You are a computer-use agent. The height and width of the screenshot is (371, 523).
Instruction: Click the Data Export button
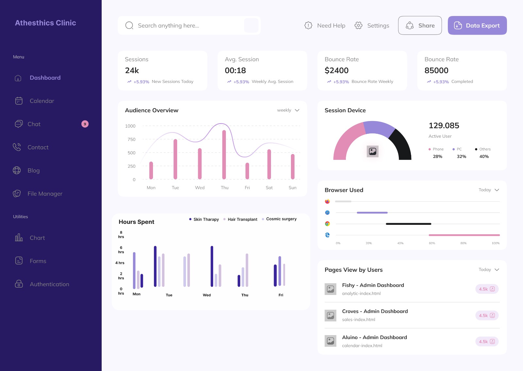pos(477,25)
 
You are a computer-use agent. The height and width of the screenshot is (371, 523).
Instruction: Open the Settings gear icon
pos(359,25)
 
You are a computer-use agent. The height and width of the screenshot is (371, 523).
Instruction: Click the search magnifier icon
pos(129,25)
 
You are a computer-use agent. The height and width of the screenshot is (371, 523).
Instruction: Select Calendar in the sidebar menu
pos(42,101)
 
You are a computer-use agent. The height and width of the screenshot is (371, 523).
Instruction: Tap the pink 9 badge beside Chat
pos(85,124)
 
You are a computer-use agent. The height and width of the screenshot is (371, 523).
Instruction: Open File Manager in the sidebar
pos(45,193)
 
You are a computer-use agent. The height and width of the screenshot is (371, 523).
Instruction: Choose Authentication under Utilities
pos(49,284)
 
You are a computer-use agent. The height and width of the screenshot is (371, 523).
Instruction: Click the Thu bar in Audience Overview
pos(224,155)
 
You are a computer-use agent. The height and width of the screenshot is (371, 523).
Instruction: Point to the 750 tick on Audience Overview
pos(131,139)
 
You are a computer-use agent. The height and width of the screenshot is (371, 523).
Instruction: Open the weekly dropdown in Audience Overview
pos(288,110)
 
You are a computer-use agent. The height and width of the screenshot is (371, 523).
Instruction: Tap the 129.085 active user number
pos(444,126)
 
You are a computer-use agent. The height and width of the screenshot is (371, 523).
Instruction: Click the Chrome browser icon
pos(327,224)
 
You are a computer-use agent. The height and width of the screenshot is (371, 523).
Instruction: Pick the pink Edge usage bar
pos(464,235)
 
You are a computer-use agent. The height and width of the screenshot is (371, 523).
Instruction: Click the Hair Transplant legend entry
pos(242,219)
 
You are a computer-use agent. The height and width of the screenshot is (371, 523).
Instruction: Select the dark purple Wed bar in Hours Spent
pos(212,266)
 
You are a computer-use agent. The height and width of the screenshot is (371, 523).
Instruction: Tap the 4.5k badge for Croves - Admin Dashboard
pos(487,316)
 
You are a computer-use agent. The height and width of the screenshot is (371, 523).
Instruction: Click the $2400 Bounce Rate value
pos(336,70)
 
